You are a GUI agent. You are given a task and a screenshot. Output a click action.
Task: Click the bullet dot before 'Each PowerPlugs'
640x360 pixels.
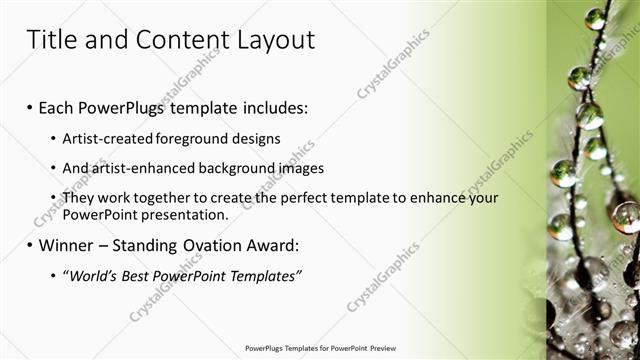30,107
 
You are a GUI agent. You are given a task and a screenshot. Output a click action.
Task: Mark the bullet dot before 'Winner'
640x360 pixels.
30,245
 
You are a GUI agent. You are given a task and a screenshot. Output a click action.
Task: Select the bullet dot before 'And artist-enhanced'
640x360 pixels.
53,168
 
